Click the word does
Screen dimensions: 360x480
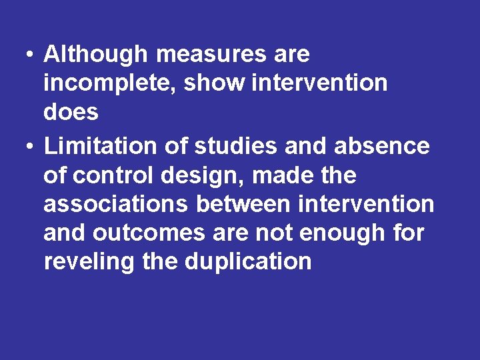click(x=71, y=112)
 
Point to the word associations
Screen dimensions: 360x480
click(x=116, y=204)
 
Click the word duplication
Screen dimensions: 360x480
click(x=248, y=261)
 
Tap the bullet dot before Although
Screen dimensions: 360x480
click(x=31, y=55)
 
